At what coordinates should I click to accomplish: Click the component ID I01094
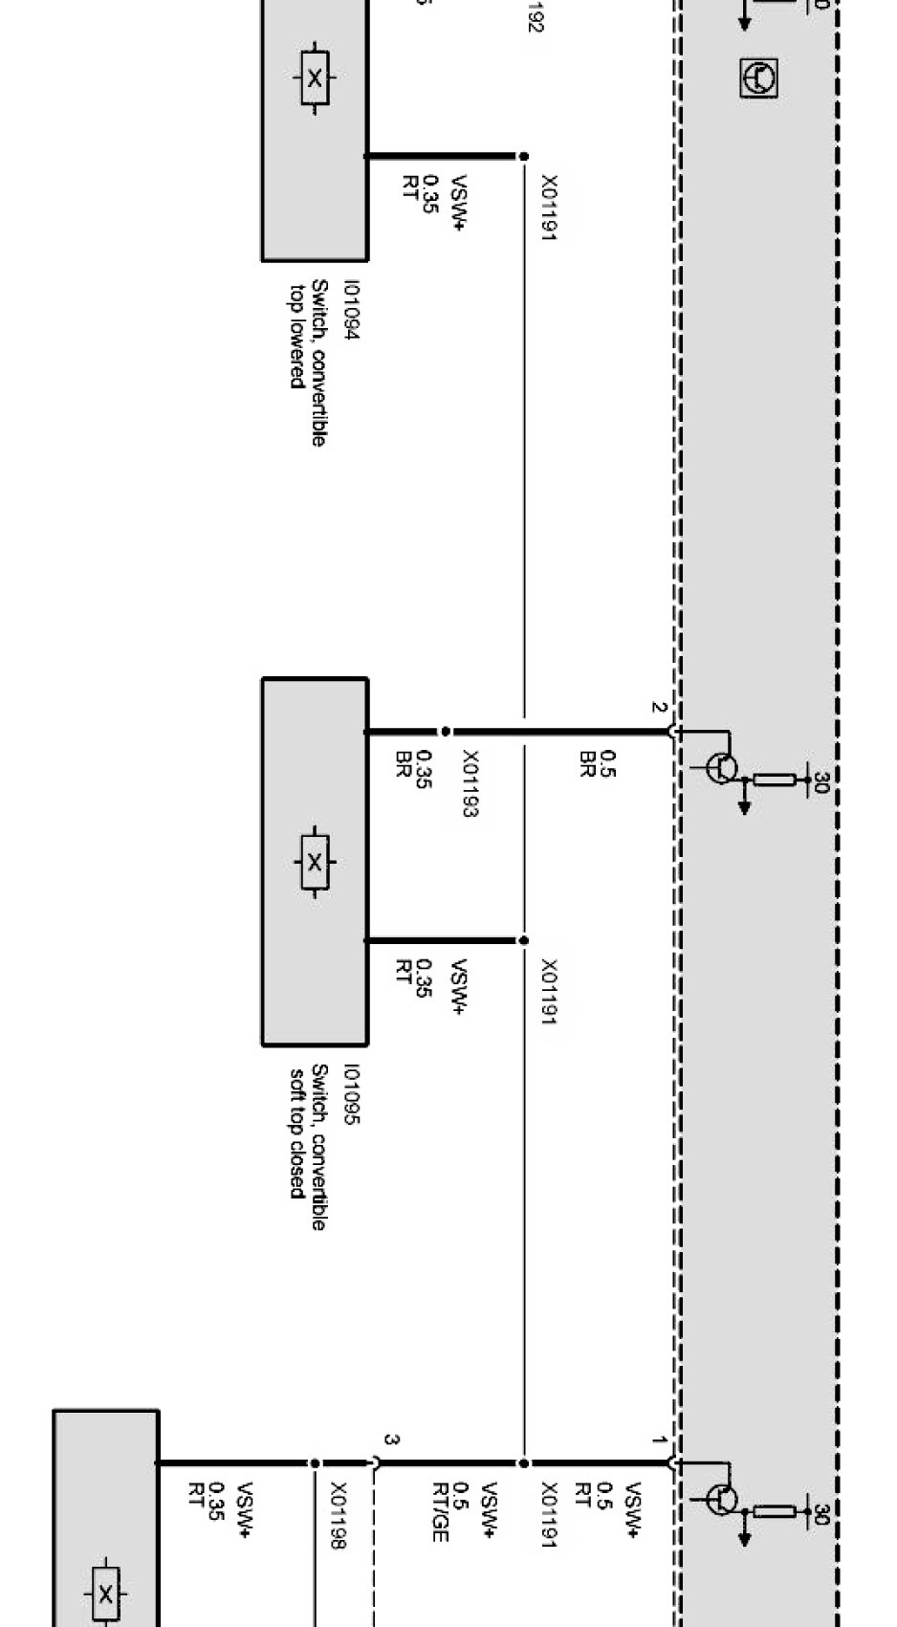click(352, 311)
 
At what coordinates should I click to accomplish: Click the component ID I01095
click(352, 1096)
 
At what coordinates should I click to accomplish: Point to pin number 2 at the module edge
click(657, 708)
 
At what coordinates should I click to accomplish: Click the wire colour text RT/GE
click(440, 1511)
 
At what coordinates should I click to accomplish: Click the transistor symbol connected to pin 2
click(722, 767)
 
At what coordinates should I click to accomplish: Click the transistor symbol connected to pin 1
click(722, 1499)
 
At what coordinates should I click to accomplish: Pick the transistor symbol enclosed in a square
click(758, 77)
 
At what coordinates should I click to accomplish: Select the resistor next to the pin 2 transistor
click(775, 780)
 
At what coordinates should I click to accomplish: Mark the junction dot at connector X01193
click(446, 732)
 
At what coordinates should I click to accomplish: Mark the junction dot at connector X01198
click(314, 1463)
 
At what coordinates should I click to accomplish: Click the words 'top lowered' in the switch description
click(297, 335)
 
